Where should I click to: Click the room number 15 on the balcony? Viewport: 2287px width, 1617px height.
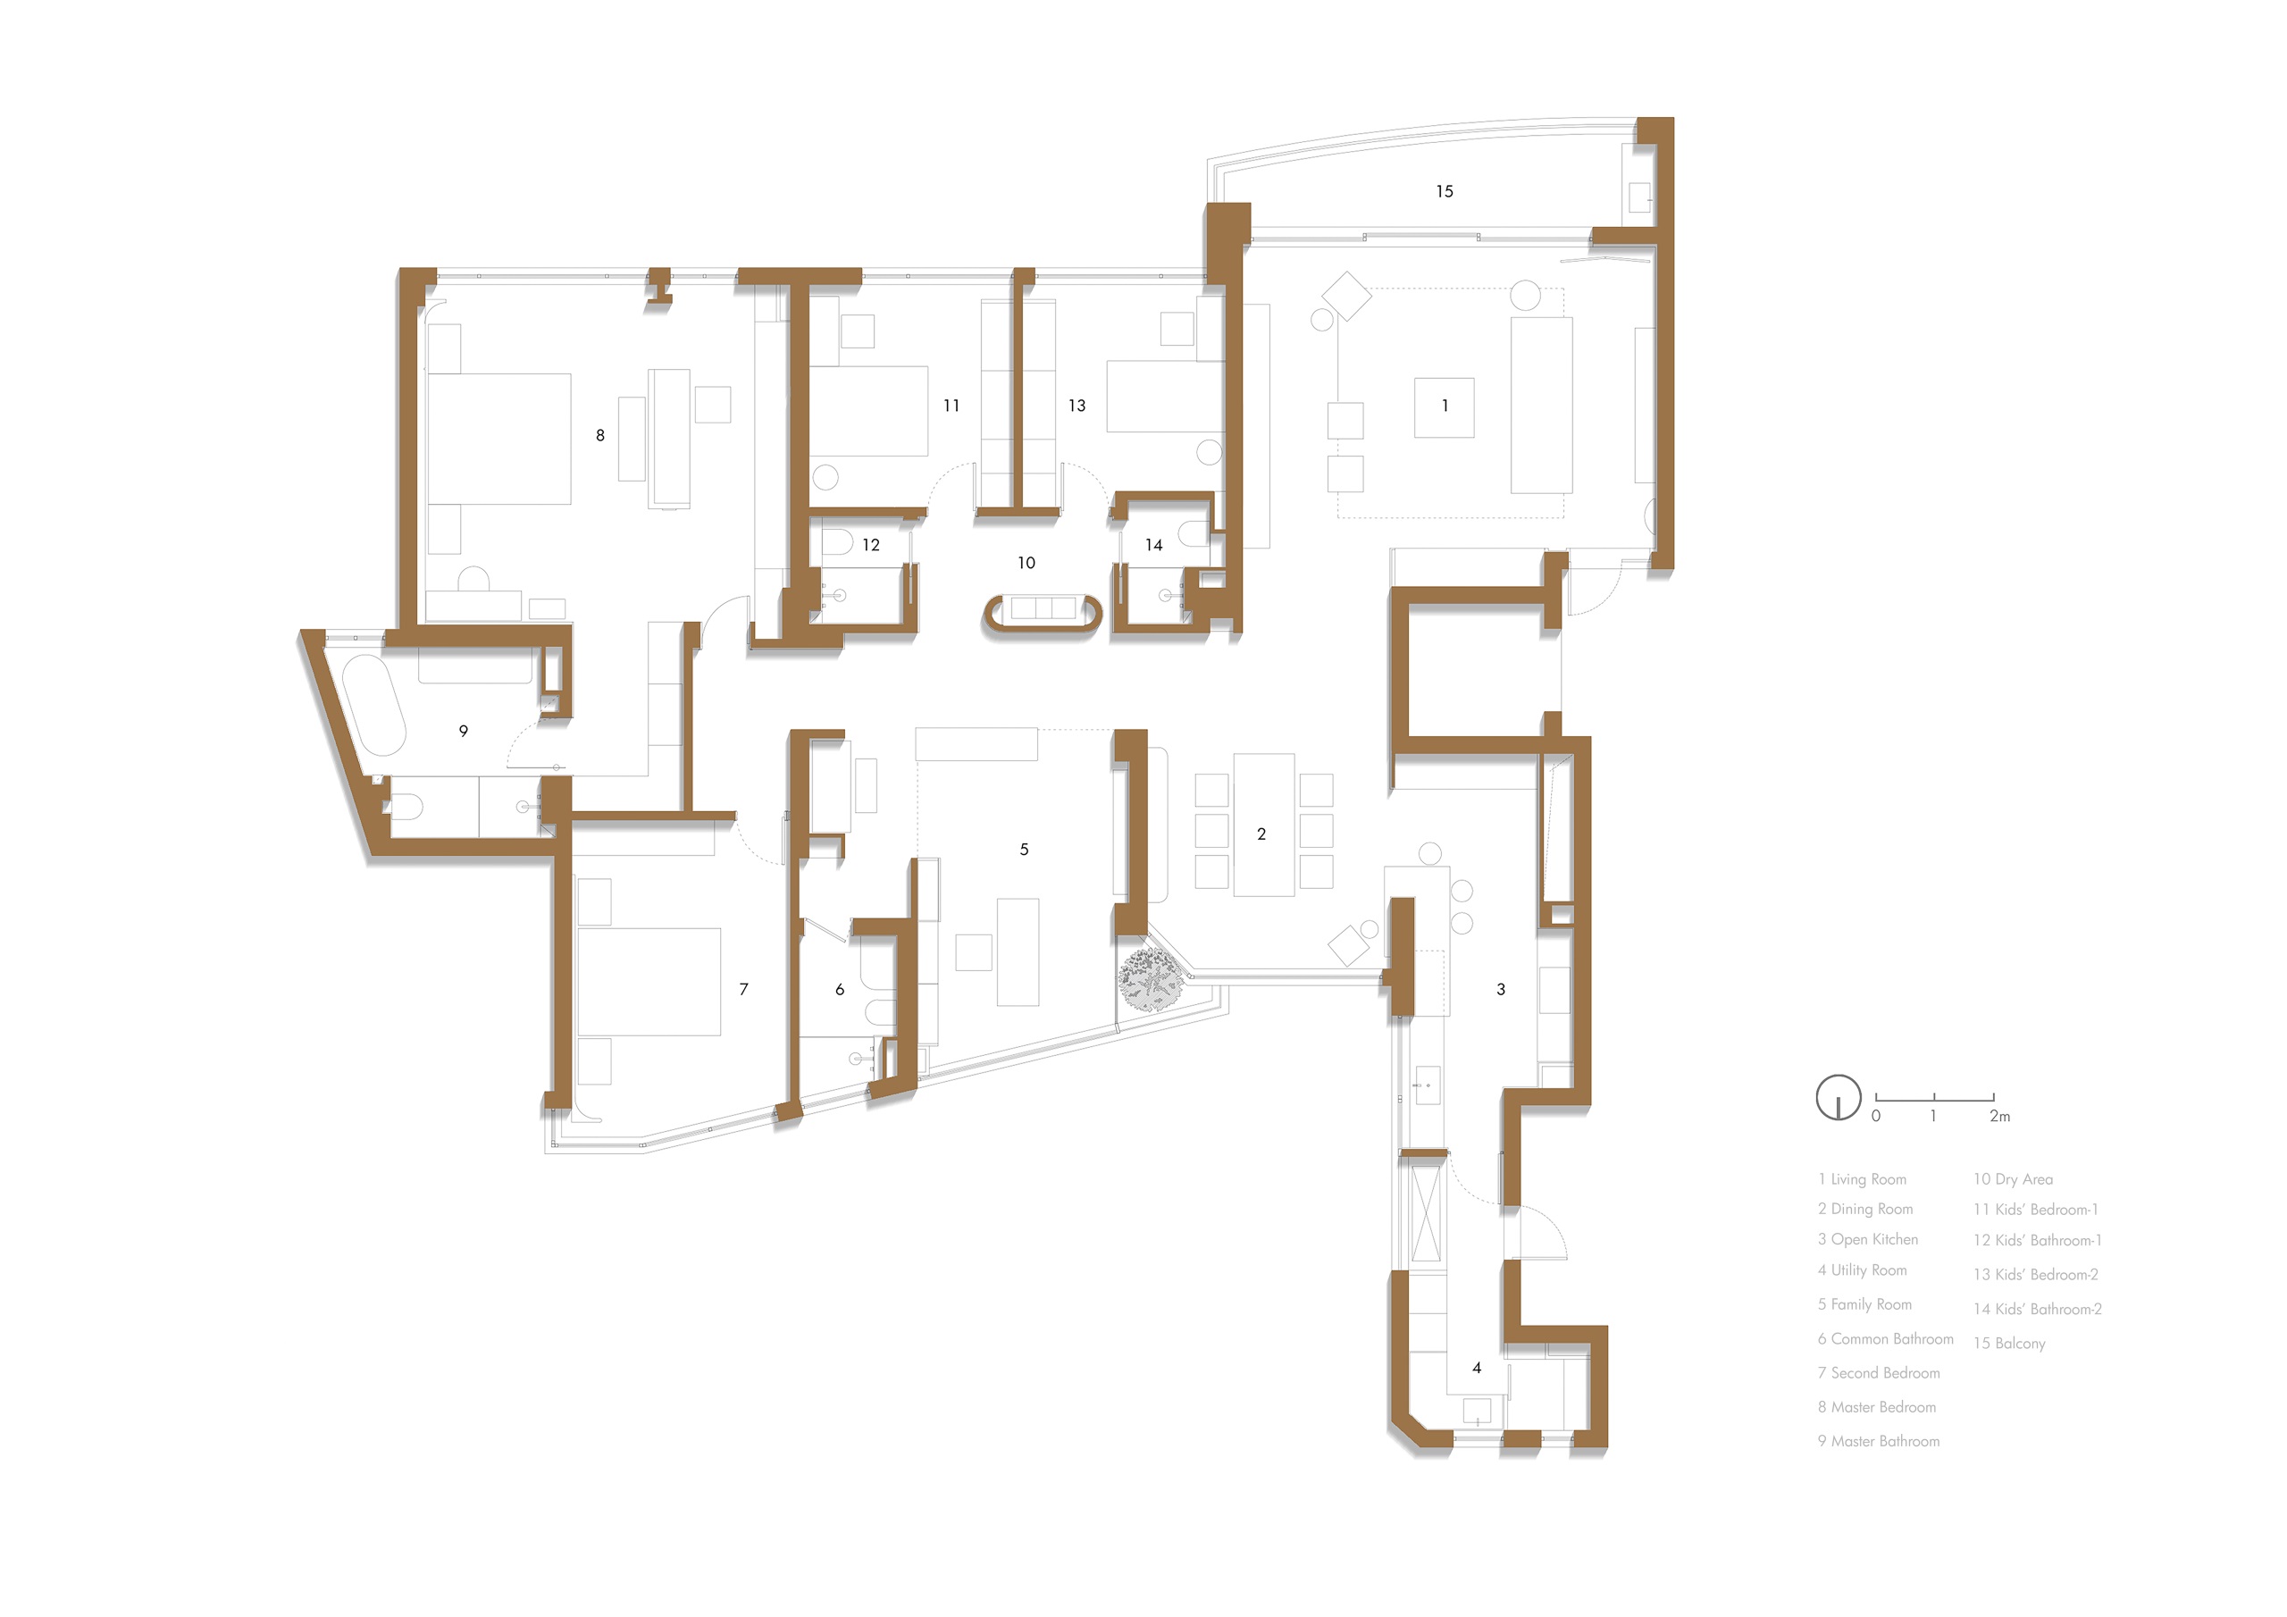click(x=1445, y=191)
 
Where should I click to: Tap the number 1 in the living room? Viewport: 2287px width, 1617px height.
click(x=1445, y=406)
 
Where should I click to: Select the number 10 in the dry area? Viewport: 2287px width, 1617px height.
click(x=1026, y=563)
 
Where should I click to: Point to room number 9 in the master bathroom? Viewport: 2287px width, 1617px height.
click(x=463, y=732)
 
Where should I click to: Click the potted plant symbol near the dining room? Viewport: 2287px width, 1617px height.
click(x=1152, y=978)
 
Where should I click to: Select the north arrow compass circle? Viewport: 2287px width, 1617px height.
click(x=1838, y=1097)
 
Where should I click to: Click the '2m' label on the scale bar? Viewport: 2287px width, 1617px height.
click(x=2000, y=1117)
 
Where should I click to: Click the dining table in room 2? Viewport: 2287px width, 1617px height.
click(x=1264, y=825)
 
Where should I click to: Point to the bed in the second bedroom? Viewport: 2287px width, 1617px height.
click(x=649, y=983)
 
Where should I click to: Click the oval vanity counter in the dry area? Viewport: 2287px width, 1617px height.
click(x=1042, y=616)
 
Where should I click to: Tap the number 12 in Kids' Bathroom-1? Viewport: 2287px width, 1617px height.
click(x=870, y=545)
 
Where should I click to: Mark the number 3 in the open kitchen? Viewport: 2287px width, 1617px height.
click(x=1500, y=989)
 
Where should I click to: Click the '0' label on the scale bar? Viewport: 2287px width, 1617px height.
click(x=1876, y=1117)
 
